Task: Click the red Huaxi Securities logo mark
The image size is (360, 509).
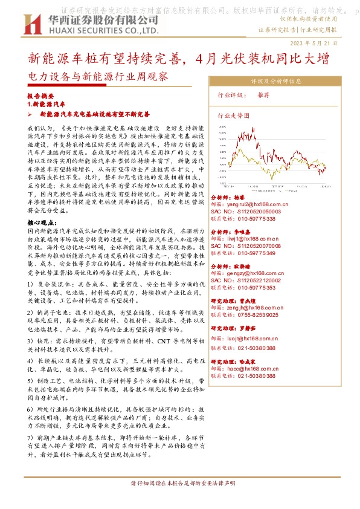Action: (x=31, y=24)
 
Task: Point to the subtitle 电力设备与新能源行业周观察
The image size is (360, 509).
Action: (x=98, y=77)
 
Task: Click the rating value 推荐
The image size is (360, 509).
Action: (x=263, y=95)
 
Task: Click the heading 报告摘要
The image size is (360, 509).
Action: (x=40, y=96)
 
